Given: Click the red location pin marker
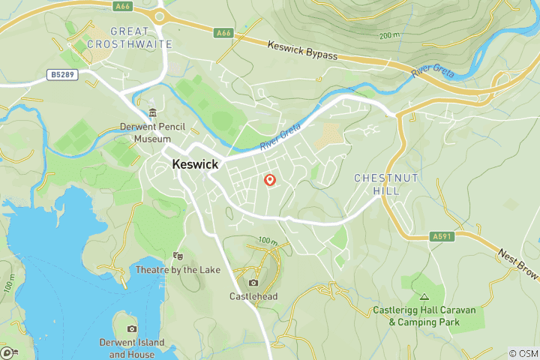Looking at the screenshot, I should pos(270,180).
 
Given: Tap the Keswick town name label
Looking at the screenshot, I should pos(195,163).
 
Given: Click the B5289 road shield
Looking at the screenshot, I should pos(65,74).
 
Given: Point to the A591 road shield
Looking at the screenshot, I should pos(442,237).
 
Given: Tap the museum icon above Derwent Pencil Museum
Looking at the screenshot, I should pos(153,112).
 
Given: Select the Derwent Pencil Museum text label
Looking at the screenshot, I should pos(153,133).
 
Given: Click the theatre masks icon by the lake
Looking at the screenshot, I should pos(178,256).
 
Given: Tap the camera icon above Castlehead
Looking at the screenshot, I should pos(253,283).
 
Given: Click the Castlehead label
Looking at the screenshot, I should pos(253,296).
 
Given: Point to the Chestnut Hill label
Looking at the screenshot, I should pos(385,184).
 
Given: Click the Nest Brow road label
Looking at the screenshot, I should pos(517,265).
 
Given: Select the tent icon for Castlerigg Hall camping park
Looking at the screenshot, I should pos(424,297).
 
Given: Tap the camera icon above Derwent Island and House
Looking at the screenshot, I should pos(132,329).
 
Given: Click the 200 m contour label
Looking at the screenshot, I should pos(390,35).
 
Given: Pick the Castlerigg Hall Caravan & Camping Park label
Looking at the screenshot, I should pos(424,316).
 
